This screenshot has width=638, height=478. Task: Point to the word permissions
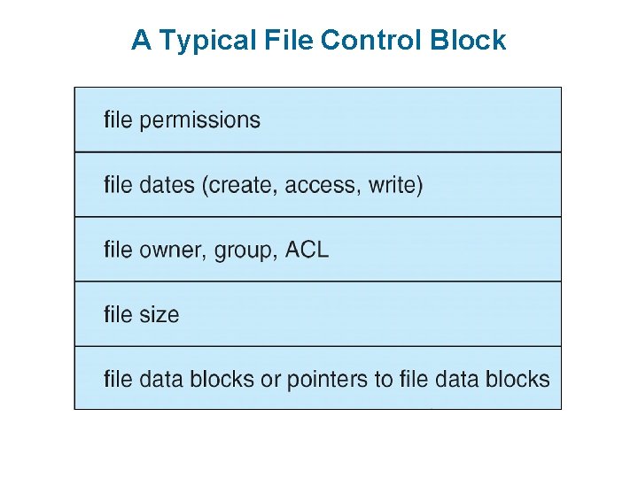click(x=199, y=120)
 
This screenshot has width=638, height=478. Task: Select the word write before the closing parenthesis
click(x=392, y=185)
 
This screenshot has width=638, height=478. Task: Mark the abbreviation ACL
click(x=307, y=250)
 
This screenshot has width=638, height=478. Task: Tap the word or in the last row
click(x=270, y=380)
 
